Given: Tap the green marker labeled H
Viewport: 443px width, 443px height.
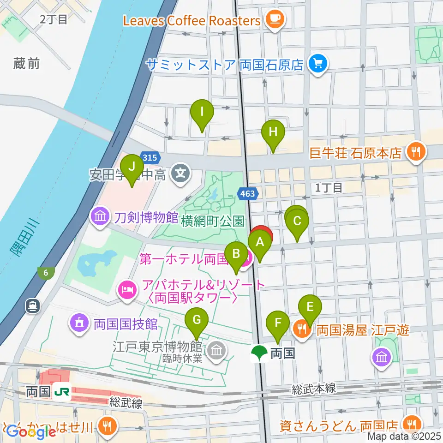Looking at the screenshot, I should coord(273,132).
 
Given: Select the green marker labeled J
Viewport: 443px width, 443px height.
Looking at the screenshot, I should coord(132,167).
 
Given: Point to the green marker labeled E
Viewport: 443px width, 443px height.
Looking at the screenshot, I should coord(310,307).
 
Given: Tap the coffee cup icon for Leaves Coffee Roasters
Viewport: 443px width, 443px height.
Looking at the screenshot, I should coord(276,19).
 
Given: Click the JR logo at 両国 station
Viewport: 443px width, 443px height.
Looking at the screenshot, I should coord(61,391).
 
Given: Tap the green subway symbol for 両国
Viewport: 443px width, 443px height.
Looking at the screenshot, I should coord(258,353).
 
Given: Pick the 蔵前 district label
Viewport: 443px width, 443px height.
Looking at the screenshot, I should coord(27,64).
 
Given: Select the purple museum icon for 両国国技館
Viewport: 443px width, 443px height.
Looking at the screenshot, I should coord(79,323).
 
